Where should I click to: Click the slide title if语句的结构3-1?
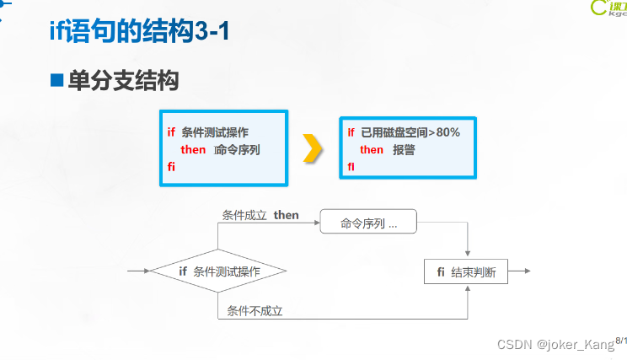point(138,33)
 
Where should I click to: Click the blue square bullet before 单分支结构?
point(57,81)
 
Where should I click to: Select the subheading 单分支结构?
point(123,81)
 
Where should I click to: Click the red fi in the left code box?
point(170,167)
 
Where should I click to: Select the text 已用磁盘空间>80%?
point(410,132)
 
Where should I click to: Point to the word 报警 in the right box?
point(404,150)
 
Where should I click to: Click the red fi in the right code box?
point(351,167)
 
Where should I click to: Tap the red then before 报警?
point(371,150)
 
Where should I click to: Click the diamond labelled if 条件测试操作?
point(218,271)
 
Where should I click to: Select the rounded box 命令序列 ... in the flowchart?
point(368,223)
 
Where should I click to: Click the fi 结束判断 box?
point(466,271)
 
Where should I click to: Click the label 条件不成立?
point(254,311)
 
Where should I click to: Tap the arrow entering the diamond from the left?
point(138,271)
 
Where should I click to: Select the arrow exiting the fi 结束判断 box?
point(520,271)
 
